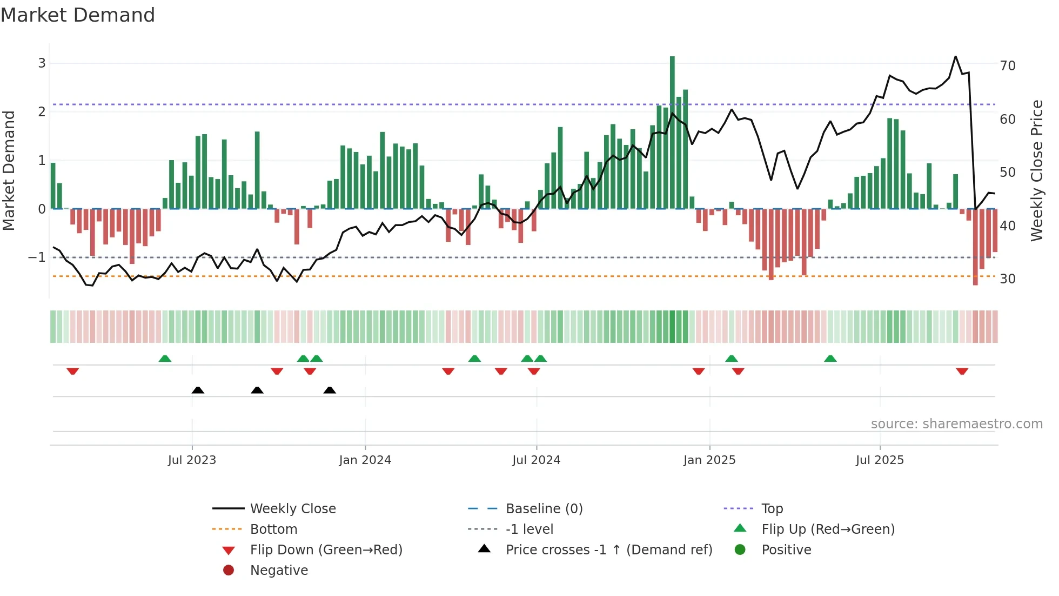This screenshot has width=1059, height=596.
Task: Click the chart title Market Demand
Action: (78, 15)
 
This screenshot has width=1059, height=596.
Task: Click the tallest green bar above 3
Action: (672, 130)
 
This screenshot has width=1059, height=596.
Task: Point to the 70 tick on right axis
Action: (1007, 66)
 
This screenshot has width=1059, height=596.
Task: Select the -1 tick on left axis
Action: (37, 257)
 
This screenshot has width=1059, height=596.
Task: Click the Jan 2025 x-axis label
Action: (709, 460)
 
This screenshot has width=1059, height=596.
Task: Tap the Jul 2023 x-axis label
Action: (192, 460)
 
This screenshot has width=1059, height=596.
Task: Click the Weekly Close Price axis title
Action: (1036, 170)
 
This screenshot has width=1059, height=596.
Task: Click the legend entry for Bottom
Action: (273, 529)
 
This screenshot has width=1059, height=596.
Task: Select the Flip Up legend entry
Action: (828, 529)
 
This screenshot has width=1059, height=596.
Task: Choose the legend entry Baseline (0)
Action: (544, 509)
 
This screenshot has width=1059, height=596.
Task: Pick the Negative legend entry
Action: (279, 571)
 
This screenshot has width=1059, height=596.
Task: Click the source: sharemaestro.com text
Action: (956, 424)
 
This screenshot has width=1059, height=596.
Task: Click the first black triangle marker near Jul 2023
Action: (198, 390)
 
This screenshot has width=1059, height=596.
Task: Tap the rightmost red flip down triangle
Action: (962, 371)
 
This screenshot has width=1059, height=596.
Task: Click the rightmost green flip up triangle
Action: (830, 359)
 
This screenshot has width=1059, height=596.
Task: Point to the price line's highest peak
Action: (955, 57)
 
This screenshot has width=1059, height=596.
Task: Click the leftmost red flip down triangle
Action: (73, 371)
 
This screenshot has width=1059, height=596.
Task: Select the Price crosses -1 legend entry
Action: (608, 550)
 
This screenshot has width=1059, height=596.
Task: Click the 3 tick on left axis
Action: (42, 63)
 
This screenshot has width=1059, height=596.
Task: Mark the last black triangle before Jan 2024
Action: (330, 390)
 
